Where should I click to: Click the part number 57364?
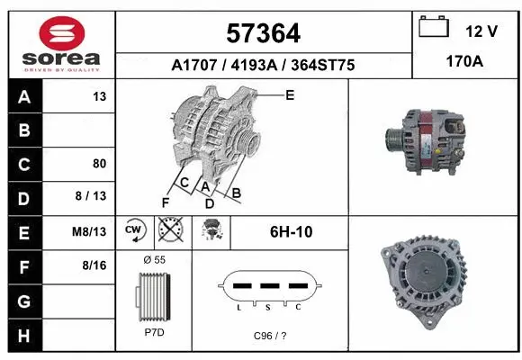click(x=262, y=34)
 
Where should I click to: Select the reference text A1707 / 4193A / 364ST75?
click(x=262, y=65)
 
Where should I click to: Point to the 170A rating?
click(x=466, y=64)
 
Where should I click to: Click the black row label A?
click(x=24, y=97)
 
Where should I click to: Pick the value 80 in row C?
click(x=100, y=164)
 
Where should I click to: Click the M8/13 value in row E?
click(x=90, y=231)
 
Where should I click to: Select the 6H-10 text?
click(x=291, y=231)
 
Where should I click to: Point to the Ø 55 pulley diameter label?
click(x=154, y=258)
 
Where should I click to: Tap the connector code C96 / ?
click(x=269, y=335)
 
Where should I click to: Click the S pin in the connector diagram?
click(x=269, y=285)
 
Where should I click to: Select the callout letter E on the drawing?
click(x=290, y=94)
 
